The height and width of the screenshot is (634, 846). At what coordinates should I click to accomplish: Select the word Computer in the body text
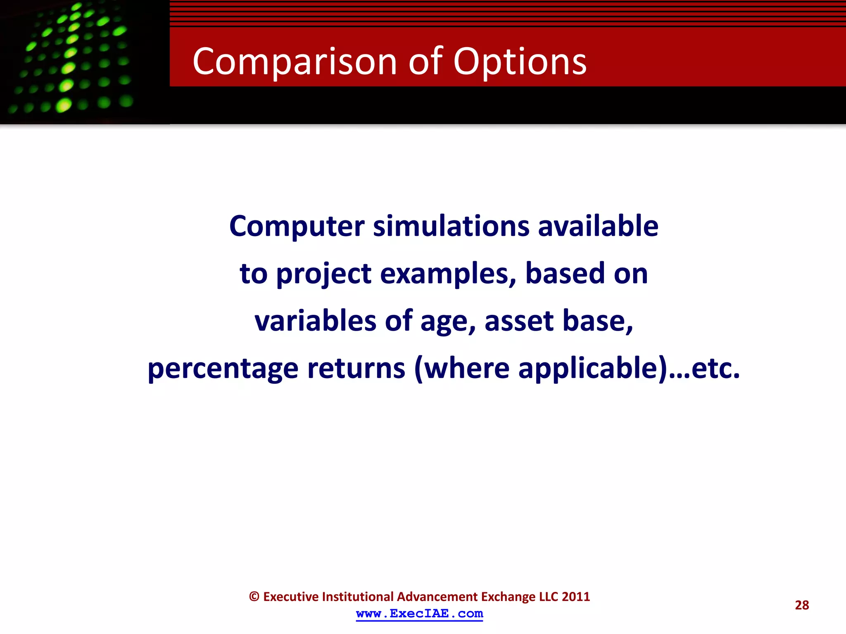tap(297, 227)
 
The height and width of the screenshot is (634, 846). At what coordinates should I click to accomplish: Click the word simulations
tap(451, 227)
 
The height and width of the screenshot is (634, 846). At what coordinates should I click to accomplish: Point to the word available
tap(598, 227)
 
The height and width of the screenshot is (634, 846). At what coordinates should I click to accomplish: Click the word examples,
tap(448, 274)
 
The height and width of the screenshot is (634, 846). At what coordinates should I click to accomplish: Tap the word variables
tap(315, 321)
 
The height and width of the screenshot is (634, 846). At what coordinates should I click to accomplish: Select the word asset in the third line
tap(519, 321)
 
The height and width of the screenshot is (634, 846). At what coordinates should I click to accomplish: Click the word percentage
tap(223, 369)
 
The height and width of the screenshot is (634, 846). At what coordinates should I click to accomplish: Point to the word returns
tap(356, 369)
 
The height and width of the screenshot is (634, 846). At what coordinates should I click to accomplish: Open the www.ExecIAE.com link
tap(419, 614)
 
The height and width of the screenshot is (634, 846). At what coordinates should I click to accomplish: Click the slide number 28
tap(801, 605)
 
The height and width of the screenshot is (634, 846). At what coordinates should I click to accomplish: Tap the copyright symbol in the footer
tap(254, 597)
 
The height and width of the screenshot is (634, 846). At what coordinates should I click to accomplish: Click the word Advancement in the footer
tap(437, 597)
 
